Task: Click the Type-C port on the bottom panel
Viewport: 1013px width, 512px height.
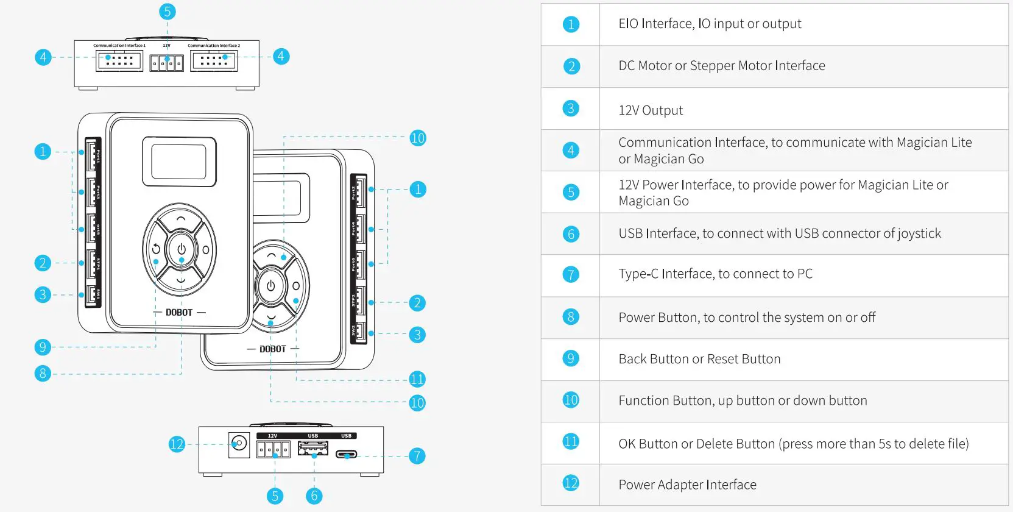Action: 347,454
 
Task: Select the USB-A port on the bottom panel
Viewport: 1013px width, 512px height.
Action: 312,449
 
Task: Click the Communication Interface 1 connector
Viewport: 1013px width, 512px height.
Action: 119,60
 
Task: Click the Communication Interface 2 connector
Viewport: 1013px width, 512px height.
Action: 214,60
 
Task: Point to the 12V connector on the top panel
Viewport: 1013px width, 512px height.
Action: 166,62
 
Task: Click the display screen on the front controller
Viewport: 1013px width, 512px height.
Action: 179,162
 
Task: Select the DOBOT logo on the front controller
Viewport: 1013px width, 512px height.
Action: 179,312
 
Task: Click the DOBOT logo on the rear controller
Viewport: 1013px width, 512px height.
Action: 272,349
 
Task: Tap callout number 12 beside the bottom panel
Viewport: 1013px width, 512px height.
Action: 177,444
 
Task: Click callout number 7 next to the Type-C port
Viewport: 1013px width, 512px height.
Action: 417,455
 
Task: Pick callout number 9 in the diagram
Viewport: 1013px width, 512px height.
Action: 43,347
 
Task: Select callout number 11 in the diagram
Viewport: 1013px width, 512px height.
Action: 417,379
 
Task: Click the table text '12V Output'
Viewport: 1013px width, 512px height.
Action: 651,110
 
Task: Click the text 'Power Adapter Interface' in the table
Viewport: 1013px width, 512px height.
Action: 687,485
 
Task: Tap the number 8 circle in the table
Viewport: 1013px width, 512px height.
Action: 571,317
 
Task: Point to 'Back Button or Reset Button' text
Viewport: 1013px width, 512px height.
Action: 699,359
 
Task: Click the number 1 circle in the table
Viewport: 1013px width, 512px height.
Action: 571,24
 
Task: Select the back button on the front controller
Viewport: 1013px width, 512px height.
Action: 156,249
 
